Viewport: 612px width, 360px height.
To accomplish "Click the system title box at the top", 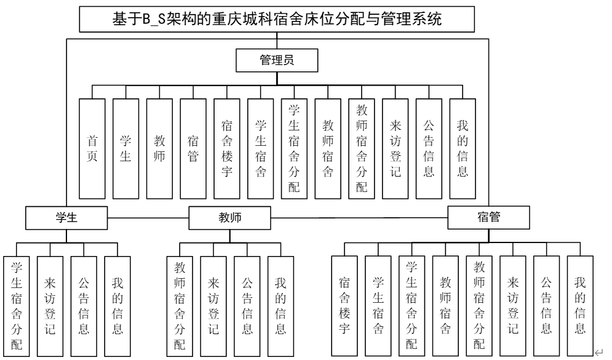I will click(x=278, y=20).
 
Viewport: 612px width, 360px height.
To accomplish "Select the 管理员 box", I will click(x=276, y=60).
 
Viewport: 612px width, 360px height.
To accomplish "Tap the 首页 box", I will click(x=92, y=148).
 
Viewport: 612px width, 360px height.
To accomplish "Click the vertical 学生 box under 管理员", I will click(x=125, y=148).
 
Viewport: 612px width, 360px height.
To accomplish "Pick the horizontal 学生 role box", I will click(x=66, y=217).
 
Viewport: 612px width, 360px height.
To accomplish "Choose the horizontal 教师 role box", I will click(x=229, y=217).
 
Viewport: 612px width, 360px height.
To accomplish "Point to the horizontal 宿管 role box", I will click(x=488, y=217).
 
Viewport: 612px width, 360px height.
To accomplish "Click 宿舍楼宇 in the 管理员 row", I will click(x=226, y=148).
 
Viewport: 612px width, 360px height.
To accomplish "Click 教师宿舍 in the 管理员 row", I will click(x=327, y=148).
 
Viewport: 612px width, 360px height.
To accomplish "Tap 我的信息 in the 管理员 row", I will click(x=462, y=148).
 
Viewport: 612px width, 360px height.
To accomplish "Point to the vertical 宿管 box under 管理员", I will click(x=193, y=148).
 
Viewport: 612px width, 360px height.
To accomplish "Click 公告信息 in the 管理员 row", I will click(x=428, y=148).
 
